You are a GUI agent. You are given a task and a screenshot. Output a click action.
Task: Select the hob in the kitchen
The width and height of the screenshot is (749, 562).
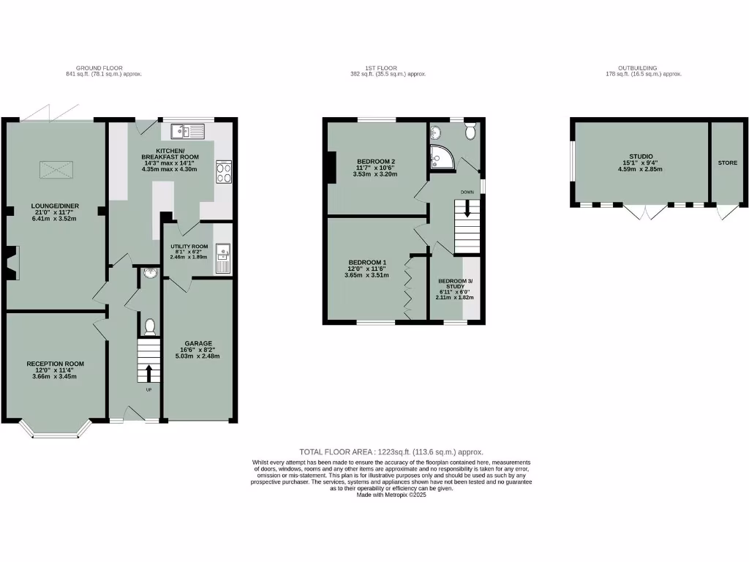point(223,171)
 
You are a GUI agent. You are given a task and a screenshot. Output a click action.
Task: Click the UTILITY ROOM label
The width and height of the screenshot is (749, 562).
point(189,247)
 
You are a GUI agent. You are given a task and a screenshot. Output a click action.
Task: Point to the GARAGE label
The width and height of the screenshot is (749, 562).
point(198,343)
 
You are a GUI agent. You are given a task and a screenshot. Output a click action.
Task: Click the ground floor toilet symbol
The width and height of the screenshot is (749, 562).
point(150,326)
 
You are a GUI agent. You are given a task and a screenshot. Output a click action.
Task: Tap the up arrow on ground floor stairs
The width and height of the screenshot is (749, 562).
point(149,372)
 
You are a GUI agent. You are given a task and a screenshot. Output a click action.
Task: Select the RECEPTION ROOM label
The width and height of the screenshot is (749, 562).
point(55,364)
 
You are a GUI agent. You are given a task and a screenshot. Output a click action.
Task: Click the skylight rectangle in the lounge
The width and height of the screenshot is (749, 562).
point(57,171)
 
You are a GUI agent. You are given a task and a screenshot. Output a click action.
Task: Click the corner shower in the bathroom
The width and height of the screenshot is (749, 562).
point(442,155)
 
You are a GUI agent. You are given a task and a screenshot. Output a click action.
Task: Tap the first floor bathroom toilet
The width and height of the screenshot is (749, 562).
point(470,131)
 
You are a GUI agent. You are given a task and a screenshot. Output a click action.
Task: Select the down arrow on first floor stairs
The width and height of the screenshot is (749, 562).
point(467,212)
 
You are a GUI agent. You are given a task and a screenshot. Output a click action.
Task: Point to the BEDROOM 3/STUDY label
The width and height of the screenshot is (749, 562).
point(455,281)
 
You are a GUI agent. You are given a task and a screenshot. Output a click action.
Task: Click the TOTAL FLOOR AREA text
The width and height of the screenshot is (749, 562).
point(391,452)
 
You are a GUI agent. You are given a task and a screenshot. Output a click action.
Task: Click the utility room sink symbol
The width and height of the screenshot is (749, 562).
point(222,256)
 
